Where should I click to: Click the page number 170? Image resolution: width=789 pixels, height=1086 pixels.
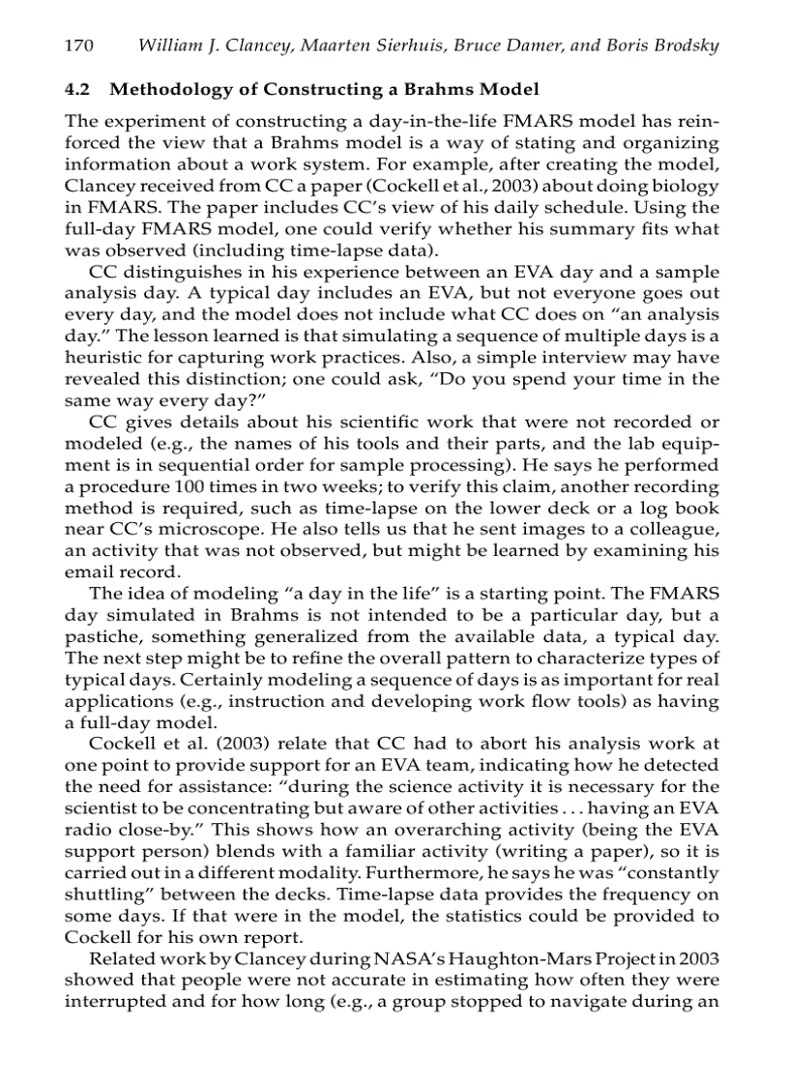pyautogui.click(x=77, y=46)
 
